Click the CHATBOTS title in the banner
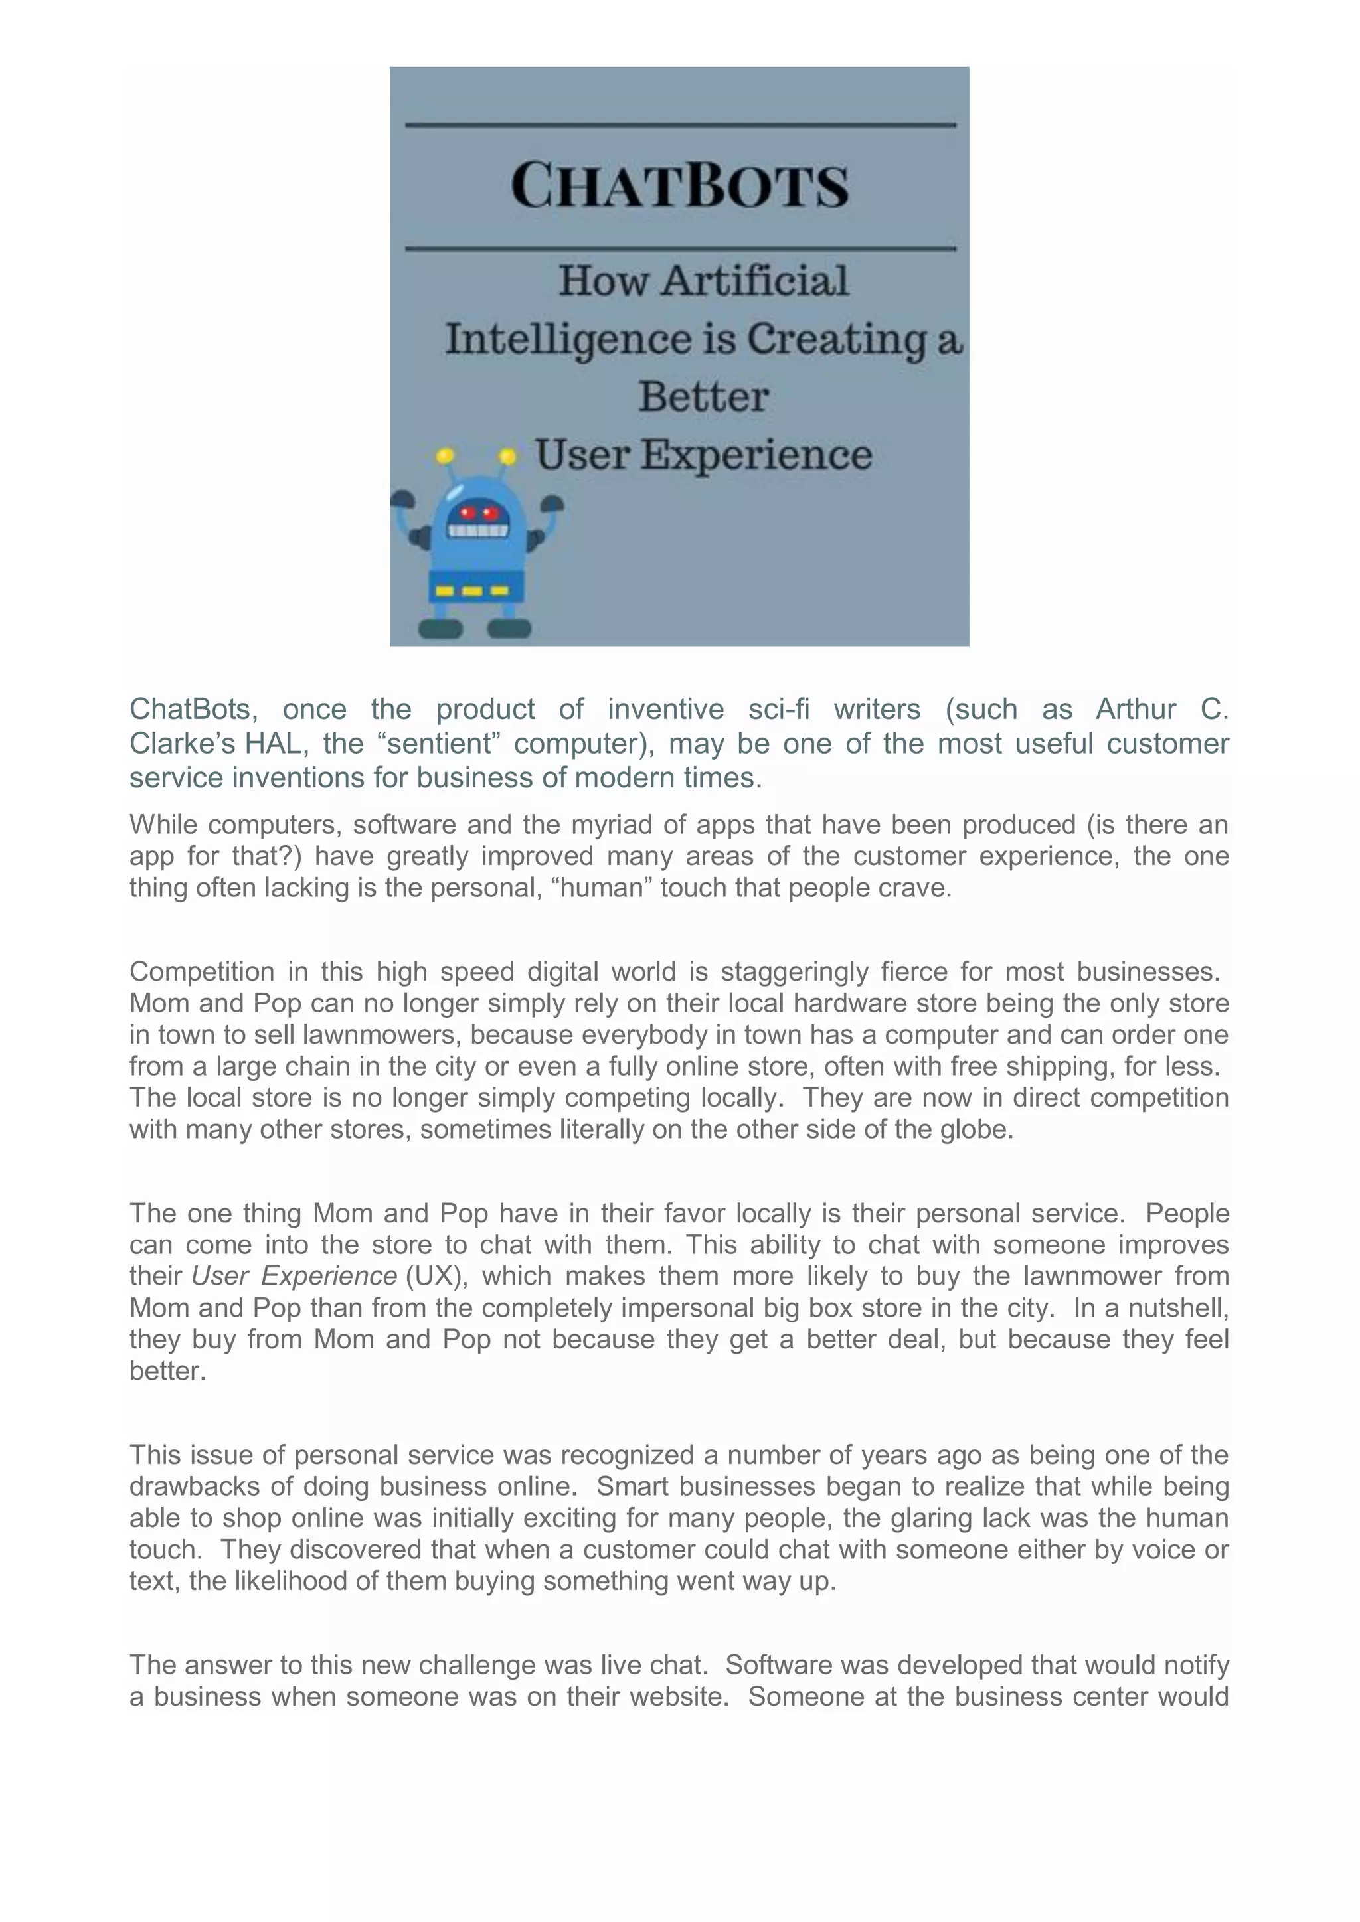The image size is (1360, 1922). tap(679, 185)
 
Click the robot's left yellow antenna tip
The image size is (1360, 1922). tap(445, 456)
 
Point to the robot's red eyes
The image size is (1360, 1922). tap(479, 513)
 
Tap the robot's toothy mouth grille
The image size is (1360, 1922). tap(478, 530)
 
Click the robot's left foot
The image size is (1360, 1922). tap(440, 628)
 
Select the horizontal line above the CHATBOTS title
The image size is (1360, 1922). tap(680, 125)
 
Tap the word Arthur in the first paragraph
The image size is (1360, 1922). tap(1136, 709)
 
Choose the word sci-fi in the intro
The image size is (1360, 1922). tap(779, 709)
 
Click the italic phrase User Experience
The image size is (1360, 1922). tap(294, 1276)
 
